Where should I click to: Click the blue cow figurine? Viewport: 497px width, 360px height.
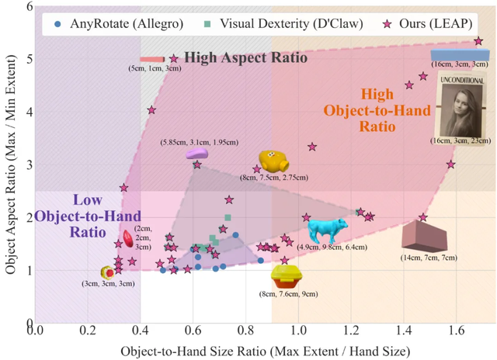point(326,230)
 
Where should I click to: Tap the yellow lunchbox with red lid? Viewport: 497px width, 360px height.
point(286,275)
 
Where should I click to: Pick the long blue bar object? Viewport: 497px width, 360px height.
point(460,54)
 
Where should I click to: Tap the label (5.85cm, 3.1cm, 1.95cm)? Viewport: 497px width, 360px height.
point(200,142)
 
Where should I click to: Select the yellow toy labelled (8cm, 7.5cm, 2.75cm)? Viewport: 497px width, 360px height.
point(273,161)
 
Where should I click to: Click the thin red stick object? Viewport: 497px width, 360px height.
point(151,59)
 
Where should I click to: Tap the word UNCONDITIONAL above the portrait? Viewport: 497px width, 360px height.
point(462,81)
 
